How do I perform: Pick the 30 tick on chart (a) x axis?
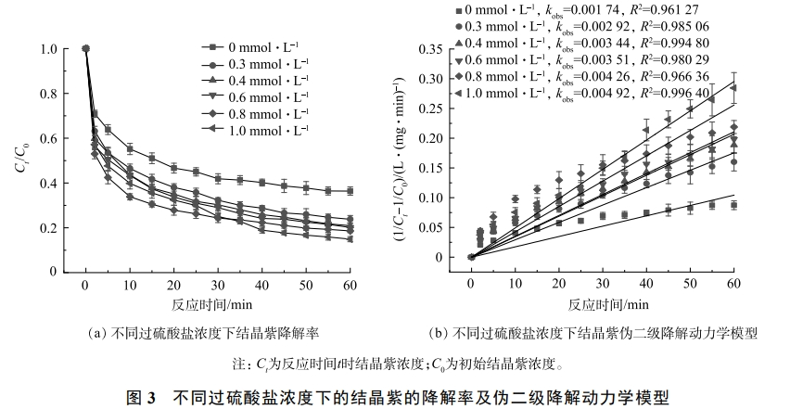218,285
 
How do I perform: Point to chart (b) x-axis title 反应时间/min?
602,304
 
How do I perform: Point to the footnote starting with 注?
394,363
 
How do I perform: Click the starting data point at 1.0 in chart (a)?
85,49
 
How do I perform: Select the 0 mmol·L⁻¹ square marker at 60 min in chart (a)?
350,191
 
